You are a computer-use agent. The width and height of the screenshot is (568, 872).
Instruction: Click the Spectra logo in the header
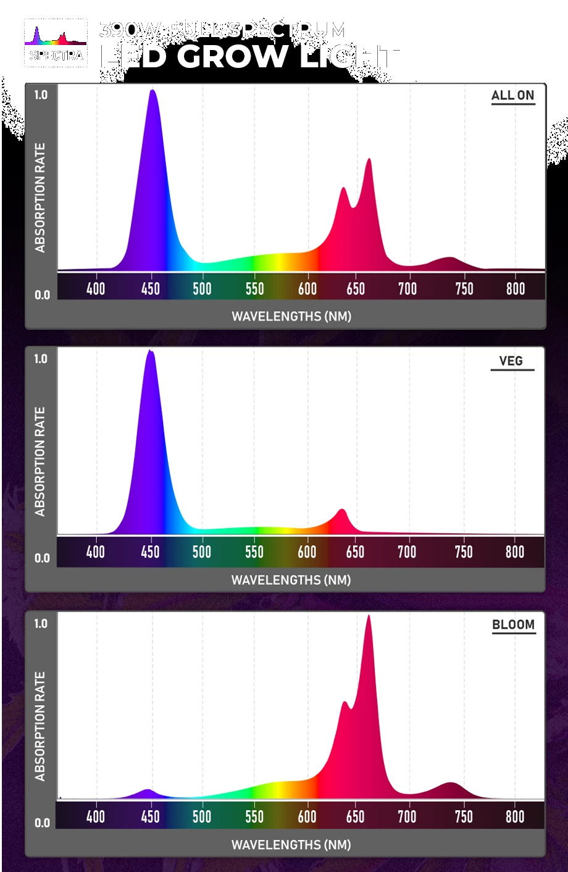click(56, 43)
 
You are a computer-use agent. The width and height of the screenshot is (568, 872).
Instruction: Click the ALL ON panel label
click(512, 96)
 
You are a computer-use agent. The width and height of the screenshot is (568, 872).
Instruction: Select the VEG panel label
click(511, 361)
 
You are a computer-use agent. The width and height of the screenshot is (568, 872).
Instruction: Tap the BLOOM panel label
click(513, 624)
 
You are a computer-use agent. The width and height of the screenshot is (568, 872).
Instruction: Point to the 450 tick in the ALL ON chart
click(150, 288)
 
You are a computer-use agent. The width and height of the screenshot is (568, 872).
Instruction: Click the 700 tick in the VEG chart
click(407, 551)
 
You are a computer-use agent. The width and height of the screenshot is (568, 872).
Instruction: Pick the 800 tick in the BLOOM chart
click(515, 816)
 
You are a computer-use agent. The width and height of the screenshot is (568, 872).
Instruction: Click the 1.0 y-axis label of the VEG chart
click(41, 359)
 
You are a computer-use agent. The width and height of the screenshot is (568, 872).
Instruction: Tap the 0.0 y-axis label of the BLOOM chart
click(42, 823)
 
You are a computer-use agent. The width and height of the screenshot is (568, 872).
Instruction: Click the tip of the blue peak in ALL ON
click(152, 91)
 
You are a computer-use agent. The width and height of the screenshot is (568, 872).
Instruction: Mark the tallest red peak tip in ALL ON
click(369, 159)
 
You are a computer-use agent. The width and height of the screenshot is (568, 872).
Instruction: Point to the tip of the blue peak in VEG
click(149, 351)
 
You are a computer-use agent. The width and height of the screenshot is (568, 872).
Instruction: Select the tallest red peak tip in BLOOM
click(369, 616)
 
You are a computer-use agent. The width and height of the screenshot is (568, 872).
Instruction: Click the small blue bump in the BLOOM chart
click(147, 790)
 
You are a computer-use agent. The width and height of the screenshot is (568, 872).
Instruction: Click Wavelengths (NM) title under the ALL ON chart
click(291, 316)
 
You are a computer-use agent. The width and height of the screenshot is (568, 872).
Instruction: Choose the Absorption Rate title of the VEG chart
click(41, 461)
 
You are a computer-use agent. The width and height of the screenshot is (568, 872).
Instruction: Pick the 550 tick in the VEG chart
click(254, 551)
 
